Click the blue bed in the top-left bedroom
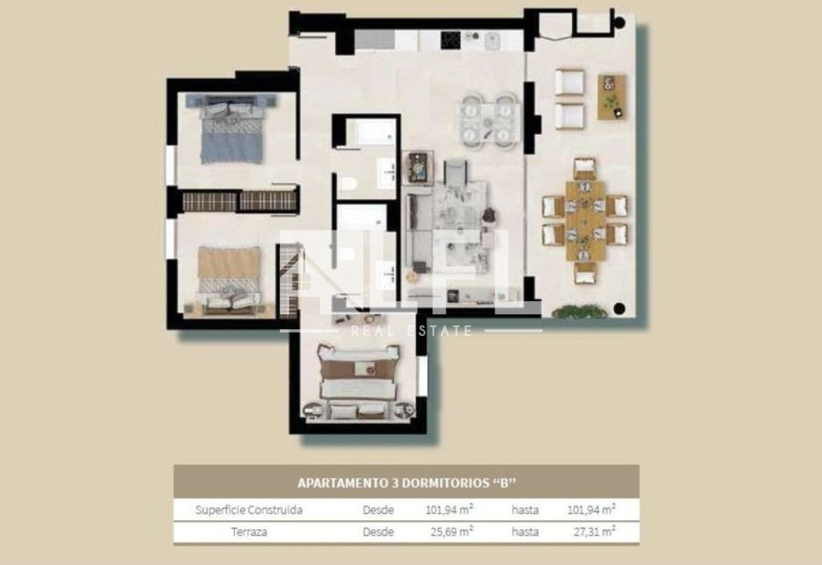coord(231,128)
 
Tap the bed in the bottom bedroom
coord(358,381)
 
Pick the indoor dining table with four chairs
coord(489,122)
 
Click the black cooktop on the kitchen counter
coord(450,40)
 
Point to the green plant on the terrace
coord(579,311)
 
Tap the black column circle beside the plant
coord(620,309)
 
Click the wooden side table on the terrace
coord(611,97)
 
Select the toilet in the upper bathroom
coord(347,184)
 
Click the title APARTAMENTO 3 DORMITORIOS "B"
coord(407,483)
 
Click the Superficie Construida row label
coord(249,510)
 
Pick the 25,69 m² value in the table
coord(451,532)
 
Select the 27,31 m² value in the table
coord(595,532)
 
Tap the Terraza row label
coord(249,532)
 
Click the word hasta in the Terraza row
coord(525,532)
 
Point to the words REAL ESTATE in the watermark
coord(411,331)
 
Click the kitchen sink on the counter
coord(493,40)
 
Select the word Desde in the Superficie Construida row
coord(378,510)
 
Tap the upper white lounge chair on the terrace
coord(569,83)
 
